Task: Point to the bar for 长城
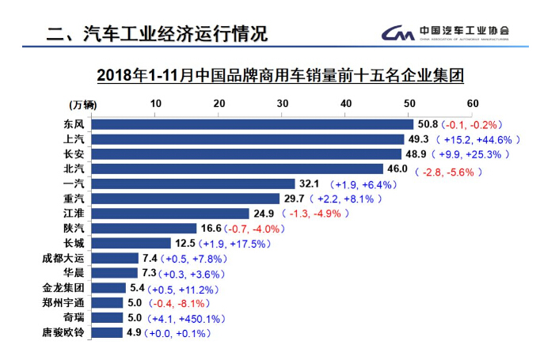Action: [x=131, y=243]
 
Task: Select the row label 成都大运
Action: [x=62, y=258]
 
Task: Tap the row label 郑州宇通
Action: [x=62, y=303]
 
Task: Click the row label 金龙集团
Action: [x=62, y=288]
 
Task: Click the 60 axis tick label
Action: [x=473, y=104]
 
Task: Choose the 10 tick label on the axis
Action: [x=155, y=104]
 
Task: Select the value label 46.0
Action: [x=396, y=169]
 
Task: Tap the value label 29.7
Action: [x=293, y=199]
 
